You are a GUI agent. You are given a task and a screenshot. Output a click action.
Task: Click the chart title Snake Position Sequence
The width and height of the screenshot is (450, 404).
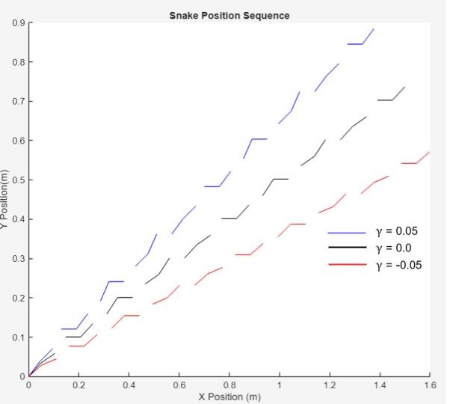click(229, 15)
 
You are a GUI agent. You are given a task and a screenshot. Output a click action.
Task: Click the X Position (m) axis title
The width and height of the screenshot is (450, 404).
click(229, 397)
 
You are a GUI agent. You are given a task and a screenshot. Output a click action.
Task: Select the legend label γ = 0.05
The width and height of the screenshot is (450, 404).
click(396, 231)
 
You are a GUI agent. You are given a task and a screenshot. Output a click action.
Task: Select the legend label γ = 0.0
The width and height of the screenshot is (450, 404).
click(393, 248)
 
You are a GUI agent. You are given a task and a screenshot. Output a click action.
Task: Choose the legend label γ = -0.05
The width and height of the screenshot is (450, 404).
click(398, 264)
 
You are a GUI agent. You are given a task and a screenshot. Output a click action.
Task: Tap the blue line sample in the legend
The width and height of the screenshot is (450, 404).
click(347, 232)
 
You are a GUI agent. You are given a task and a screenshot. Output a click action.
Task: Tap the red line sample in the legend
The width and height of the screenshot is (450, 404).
click(347, 265)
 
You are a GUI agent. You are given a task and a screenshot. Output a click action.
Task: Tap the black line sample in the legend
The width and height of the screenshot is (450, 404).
click(347, 248)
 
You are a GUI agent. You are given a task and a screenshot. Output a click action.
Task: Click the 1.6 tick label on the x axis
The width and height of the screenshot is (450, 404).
click(429, 385)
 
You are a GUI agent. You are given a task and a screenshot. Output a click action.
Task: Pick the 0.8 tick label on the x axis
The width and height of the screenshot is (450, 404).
click(229, 385)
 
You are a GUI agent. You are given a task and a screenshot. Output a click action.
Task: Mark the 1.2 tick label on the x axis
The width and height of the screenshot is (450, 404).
click(329, 385)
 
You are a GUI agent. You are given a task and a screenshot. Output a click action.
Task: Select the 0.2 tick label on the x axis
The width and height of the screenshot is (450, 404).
click(78, 385)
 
